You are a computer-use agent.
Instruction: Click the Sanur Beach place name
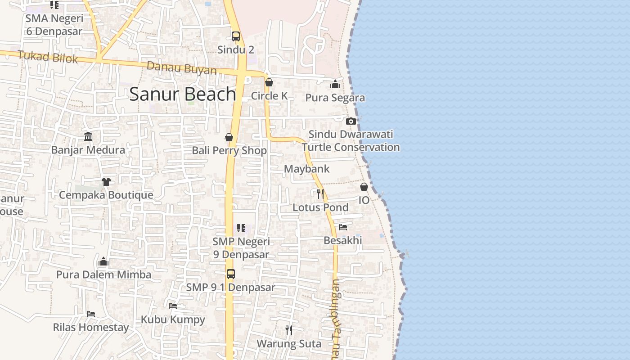183,94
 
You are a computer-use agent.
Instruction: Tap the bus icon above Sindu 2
236,36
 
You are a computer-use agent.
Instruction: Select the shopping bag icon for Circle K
269,82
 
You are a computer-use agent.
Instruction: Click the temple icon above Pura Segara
335,85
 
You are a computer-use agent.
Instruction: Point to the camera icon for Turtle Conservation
351,121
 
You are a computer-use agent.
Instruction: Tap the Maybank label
307,169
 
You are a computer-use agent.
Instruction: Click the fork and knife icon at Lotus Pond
320,194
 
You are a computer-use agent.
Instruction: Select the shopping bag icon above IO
364,187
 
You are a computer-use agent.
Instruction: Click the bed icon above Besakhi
343,227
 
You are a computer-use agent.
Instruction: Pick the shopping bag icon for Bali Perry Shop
229,137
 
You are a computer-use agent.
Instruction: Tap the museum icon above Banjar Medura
88,136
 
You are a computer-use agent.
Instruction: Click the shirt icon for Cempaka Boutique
106,182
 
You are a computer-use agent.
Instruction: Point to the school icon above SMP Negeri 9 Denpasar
241,228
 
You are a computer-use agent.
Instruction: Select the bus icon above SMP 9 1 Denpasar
231,274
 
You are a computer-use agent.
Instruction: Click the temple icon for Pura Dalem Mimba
103,261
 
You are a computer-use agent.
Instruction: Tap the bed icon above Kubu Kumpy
173,306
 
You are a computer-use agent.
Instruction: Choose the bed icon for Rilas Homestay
91,314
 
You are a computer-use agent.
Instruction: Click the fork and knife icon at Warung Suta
289,330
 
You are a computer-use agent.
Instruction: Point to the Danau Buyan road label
182,68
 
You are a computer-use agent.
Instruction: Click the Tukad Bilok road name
48,57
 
